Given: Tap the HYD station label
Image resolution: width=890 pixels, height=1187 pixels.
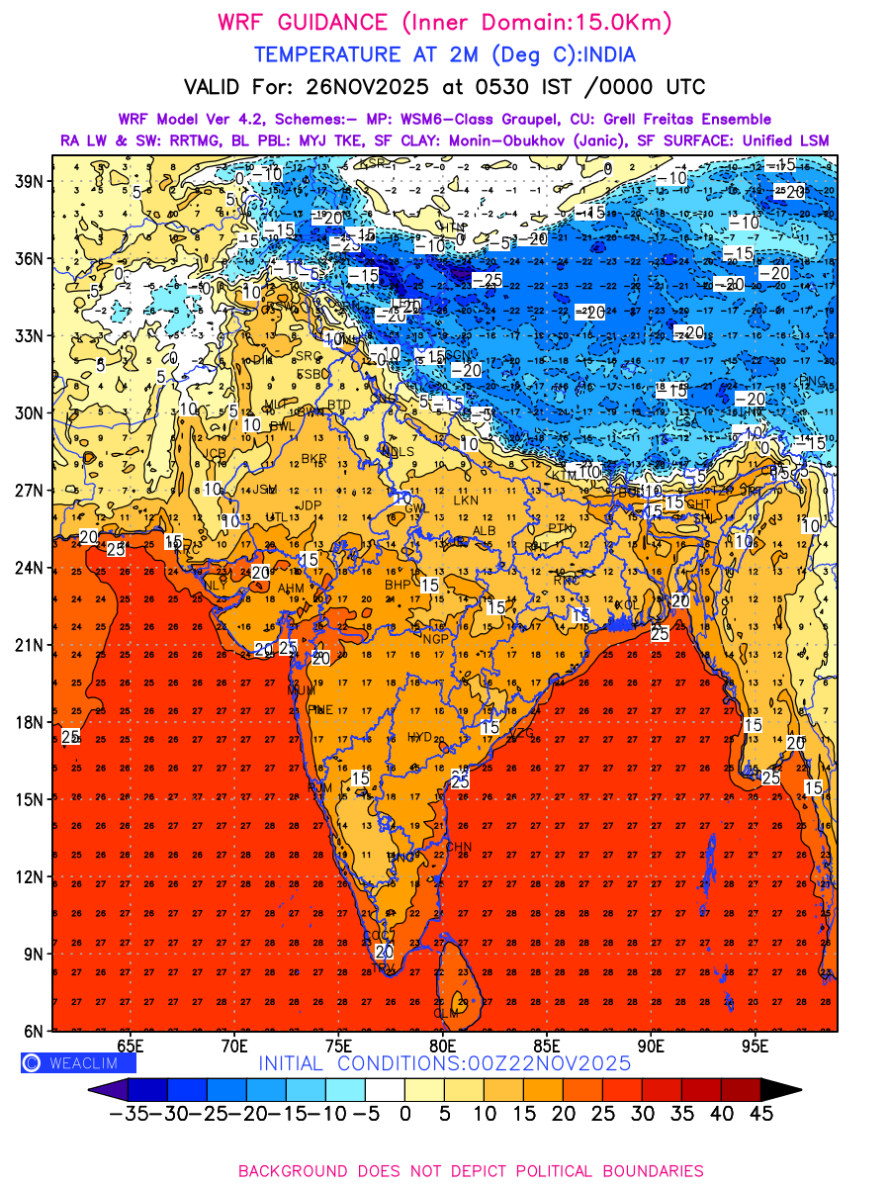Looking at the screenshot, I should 420,738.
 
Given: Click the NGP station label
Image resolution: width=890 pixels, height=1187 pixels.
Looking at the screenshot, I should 435,640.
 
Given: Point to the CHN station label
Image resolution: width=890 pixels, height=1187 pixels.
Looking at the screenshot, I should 459,847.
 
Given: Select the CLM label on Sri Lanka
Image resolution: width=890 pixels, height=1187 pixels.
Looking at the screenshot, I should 446,1014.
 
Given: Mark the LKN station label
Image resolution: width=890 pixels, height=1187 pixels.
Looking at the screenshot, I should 466,501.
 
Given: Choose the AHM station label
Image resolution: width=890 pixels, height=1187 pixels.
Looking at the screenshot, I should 291,589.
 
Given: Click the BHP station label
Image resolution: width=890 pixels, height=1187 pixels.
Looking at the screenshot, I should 397,586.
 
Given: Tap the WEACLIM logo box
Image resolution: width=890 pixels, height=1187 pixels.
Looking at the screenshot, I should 78,1062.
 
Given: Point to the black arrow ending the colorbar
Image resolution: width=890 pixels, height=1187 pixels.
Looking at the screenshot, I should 780,1089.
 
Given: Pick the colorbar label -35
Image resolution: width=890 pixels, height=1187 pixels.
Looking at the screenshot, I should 129,1113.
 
